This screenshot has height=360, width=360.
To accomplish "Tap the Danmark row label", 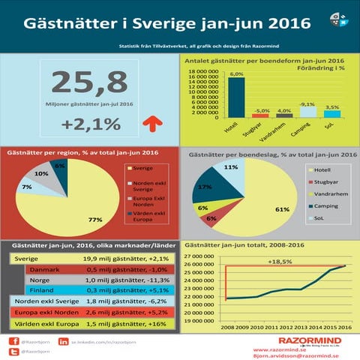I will [45, 269].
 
